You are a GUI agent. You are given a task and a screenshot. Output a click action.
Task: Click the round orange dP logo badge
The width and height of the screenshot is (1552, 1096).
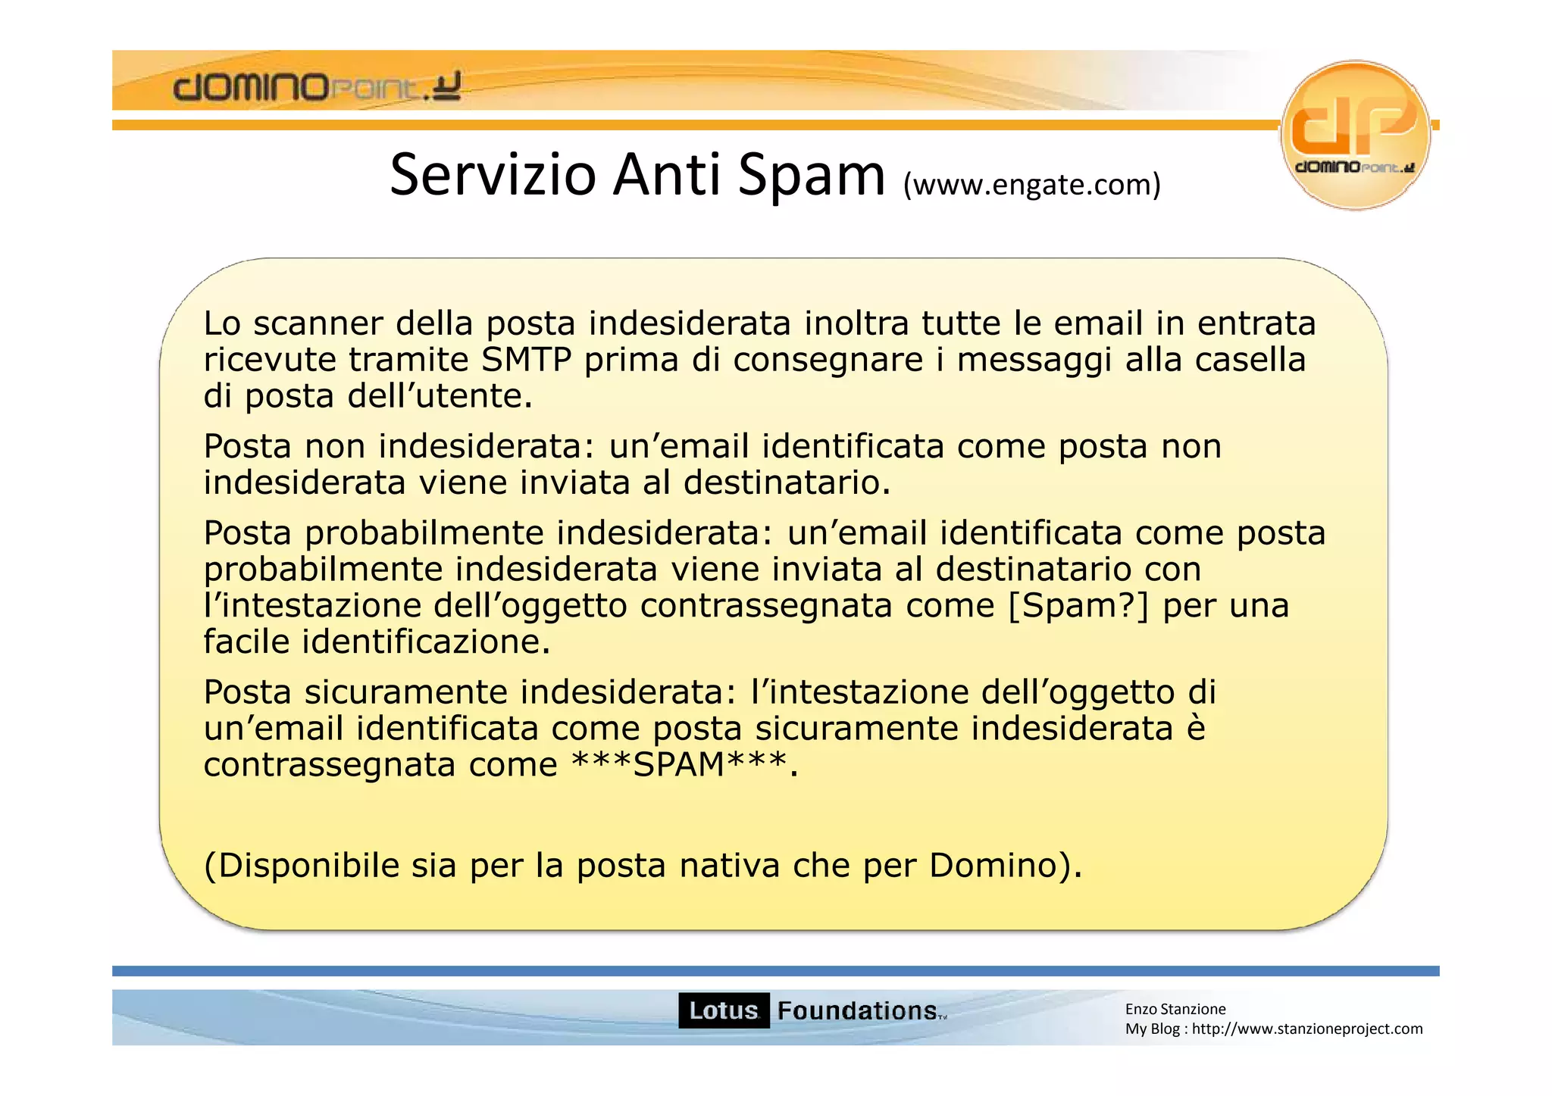pos(1355,134)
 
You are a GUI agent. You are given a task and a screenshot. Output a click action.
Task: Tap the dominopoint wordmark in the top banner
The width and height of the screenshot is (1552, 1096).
pos(317,87)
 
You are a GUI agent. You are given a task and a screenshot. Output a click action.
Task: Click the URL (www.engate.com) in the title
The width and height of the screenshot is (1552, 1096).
pos(1031,184)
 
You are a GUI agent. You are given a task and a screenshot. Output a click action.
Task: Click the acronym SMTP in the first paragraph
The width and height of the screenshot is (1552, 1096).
pos(526,360)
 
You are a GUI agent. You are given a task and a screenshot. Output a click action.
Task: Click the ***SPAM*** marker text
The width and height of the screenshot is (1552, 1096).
pos(678,765)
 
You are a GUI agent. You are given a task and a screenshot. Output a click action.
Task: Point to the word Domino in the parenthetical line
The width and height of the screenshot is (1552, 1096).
pos(993,866)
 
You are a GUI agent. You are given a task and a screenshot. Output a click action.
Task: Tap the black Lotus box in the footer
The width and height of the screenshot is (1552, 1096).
pos(724,1010)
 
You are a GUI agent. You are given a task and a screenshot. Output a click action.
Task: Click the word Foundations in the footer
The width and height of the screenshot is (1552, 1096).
pos(857,1010)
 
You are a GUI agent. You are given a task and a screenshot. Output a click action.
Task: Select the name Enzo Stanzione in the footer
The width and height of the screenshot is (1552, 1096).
pos(1175,1009)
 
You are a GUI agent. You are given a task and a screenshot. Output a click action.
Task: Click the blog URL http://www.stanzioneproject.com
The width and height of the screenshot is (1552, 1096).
pos(1307,1029)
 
